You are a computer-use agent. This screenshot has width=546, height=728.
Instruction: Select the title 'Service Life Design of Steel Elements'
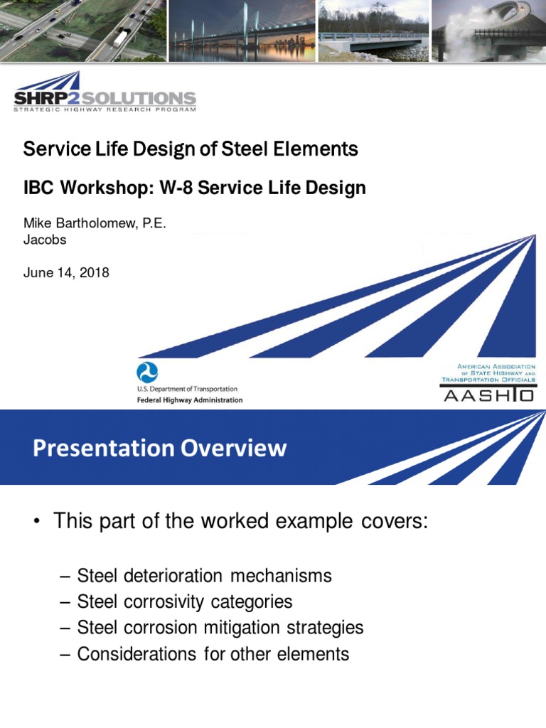(191, 149)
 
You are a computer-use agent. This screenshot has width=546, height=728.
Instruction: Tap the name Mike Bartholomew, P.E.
(95, 224)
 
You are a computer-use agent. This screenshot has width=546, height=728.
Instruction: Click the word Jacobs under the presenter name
(45, 240)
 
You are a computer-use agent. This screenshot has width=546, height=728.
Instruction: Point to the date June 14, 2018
(66, 272)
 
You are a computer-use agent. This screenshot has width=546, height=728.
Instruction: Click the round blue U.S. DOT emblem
(147, 373)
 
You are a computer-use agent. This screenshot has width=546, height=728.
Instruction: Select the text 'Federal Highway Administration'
(189, 400)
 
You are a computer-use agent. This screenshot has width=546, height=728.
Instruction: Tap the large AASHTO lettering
(488, 395)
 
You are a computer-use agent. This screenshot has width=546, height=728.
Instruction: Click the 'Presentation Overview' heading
(159, 448)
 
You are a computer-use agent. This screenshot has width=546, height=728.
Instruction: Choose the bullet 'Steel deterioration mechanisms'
(204, 575)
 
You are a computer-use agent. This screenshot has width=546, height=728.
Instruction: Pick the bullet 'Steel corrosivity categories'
(184, 601)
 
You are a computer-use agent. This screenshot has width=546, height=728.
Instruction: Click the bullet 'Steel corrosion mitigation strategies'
(220, 628)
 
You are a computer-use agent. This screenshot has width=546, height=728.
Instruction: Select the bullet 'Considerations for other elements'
(213, 654)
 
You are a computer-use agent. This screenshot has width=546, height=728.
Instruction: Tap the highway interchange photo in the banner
(82, 31)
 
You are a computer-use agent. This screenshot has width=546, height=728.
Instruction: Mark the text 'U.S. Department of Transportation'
(187, 389)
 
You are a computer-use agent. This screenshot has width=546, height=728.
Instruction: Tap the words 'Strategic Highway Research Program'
(105, 109)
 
